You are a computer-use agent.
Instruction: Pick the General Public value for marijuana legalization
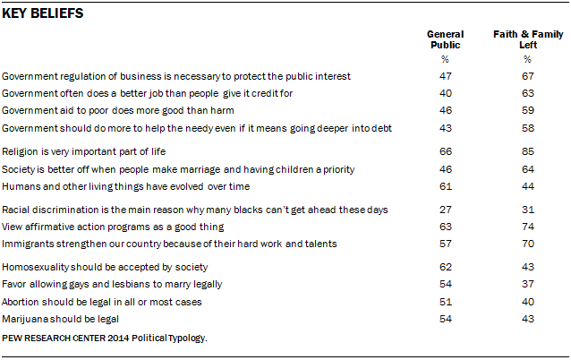click(x=445, y=318)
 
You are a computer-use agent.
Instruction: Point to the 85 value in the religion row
click(x=527, y=152)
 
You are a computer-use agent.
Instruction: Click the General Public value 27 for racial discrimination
click(x=445, y=210)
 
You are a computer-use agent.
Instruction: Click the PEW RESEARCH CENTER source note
click(x=105, y=339)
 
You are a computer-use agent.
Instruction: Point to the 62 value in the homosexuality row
click(x=445, y=268)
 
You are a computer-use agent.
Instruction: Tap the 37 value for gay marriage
click(x=527, y=285)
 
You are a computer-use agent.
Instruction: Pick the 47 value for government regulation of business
click(x=445, y=77)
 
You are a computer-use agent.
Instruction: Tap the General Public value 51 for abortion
click(x=445, y=302)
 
